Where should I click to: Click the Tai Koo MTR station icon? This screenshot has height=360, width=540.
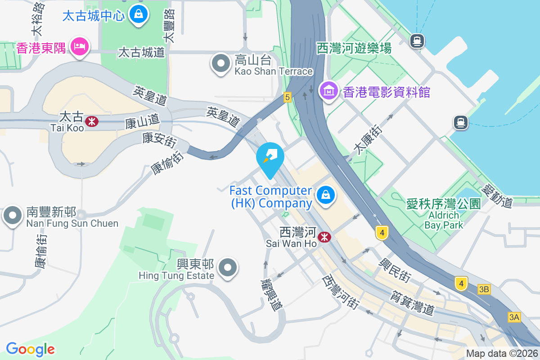pos(92,121)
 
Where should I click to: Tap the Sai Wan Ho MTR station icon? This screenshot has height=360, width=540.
pos(324,237)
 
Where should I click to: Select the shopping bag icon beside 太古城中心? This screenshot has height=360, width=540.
pos(138,15)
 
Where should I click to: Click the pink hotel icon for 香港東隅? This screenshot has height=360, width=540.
pos(80,46)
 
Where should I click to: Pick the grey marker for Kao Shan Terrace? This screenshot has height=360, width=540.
pos(220,63)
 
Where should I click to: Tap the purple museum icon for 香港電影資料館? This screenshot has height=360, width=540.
pos(328,91)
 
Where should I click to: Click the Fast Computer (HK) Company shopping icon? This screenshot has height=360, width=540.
pos(324,195)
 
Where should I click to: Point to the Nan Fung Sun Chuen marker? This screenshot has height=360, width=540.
pos(12,216)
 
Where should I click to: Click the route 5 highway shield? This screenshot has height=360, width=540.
pos(288,97)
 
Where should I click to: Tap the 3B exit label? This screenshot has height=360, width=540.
pos(484,289)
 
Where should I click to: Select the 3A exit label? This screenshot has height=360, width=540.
pos(514,317)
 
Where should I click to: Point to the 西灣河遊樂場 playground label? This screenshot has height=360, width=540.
pos(354,48)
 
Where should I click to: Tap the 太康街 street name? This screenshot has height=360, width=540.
pos(368,140)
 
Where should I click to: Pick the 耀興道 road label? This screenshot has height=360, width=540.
pos(271,295)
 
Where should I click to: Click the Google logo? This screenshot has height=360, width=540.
pos(31,349)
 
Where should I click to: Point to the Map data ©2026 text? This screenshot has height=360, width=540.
pos(502,354)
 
